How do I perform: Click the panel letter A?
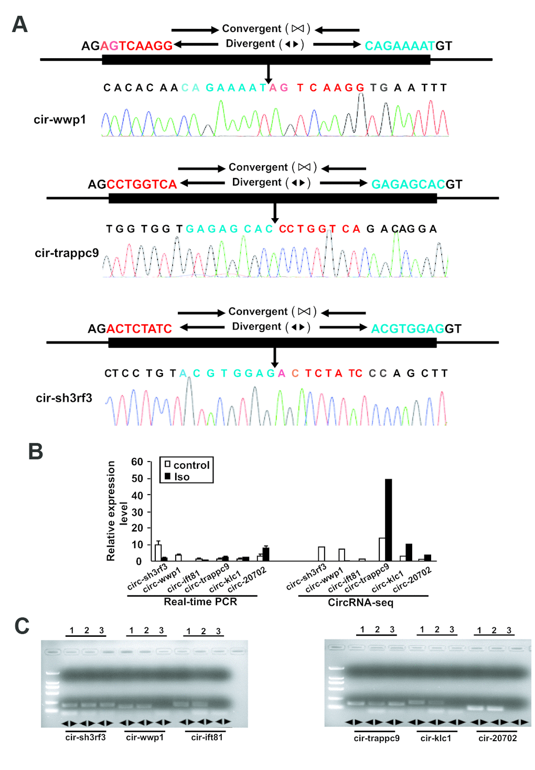[x=19, y=25]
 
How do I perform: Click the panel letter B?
[x=35, y=451]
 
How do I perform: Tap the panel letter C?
[x=22, y=625]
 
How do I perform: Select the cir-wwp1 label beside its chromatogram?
[x=60, y=120]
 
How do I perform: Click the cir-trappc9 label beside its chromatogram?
[x=67, y=253]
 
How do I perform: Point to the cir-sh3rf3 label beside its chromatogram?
[x=64, y=398]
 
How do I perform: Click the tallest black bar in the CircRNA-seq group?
[x=388, y=519]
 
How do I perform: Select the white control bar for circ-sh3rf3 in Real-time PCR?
[x=158, y=552]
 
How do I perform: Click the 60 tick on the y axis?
[x=137, y=462]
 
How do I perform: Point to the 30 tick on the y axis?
[x=137, y=512]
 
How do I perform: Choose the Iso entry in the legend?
[x=181, y=477]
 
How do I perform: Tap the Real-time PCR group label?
[x=200, y=602]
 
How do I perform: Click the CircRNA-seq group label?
[x=360, y=603]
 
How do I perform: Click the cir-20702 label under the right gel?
[x=497, y=738]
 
